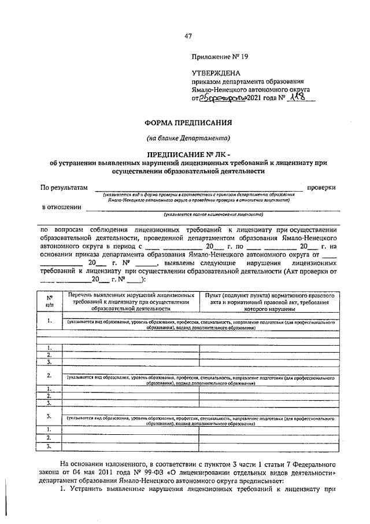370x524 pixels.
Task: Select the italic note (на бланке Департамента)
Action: [188, 138]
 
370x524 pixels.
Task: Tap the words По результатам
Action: [64, 188]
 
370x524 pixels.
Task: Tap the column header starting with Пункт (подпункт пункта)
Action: [269, 302]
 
